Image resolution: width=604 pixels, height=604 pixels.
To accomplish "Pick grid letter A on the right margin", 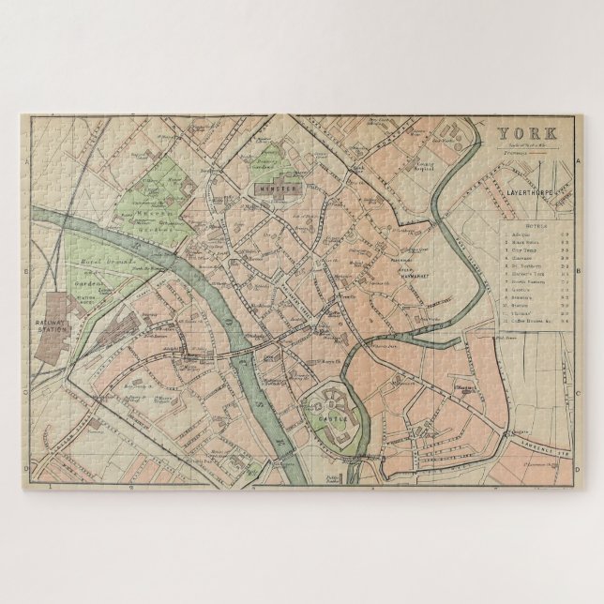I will (577, 160).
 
